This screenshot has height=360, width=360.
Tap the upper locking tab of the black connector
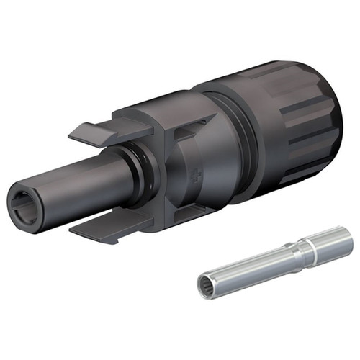[x=101, y=133]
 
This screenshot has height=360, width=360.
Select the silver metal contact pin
[x=274, y=259]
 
